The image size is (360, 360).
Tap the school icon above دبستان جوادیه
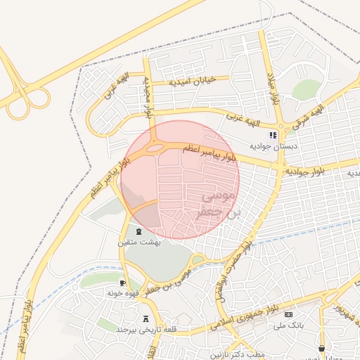pos(274,135)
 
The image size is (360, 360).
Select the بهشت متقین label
pos(139,242)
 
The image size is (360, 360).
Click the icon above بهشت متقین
pos(139,231)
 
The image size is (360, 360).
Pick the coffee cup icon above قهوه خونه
pos(113,282)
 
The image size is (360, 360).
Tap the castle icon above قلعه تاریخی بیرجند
pos(146,319)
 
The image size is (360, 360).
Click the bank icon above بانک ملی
pos(288,314)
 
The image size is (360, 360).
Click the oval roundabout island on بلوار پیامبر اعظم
pos(154,148)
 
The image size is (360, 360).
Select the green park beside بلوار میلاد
pos(307,89)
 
